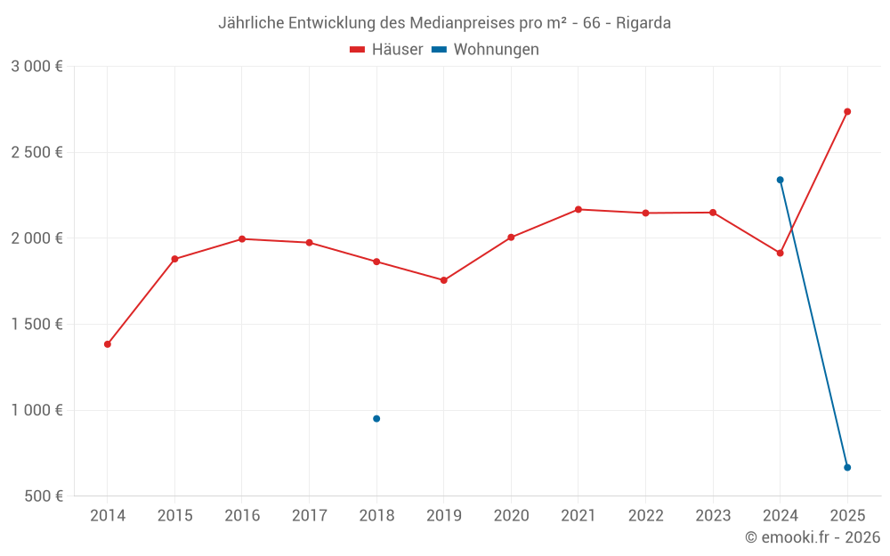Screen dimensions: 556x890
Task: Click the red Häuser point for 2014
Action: [x=108, y=344]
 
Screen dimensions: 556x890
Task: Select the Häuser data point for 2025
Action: [x=847, y=111]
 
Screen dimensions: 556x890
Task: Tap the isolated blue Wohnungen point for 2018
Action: [x=376, y=418]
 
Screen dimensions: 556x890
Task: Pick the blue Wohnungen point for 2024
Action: [x=780, y=180]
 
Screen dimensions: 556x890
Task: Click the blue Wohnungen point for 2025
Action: [x=847, y=467]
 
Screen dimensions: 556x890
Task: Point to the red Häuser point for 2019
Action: [x=444, y=280]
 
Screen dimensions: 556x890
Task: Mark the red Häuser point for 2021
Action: [x=578, y=209]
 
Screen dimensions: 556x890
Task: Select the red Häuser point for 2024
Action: [x=780, y=253]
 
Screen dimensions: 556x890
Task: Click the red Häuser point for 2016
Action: [x=242, y=238]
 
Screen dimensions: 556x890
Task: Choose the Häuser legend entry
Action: [x=386, y=50]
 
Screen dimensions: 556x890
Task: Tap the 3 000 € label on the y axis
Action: [x=36, y=67]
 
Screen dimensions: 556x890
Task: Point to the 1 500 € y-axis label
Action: [x=36, y=325]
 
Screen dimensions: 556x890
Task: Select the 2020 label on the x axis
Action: [x=511, y=516]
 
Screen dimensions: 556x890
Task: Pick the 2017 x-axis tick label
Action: [x=309, y=516]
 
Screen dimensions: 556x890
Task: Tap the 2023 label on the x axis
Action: [x=713, y=516]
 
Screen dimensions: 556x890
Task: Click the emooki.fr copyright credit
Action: [x=813, y=537]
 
